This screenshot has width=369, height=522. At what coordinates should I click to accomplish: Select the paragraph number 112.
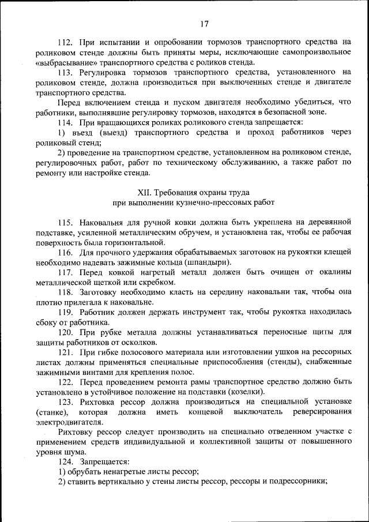[x=66, y=42]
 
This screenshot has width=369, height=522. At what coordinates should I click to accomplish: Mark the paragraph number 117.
[x=66, y=273]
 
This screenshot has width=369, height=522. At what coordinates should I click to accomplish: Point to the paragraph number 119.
[x=66, y=313]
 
